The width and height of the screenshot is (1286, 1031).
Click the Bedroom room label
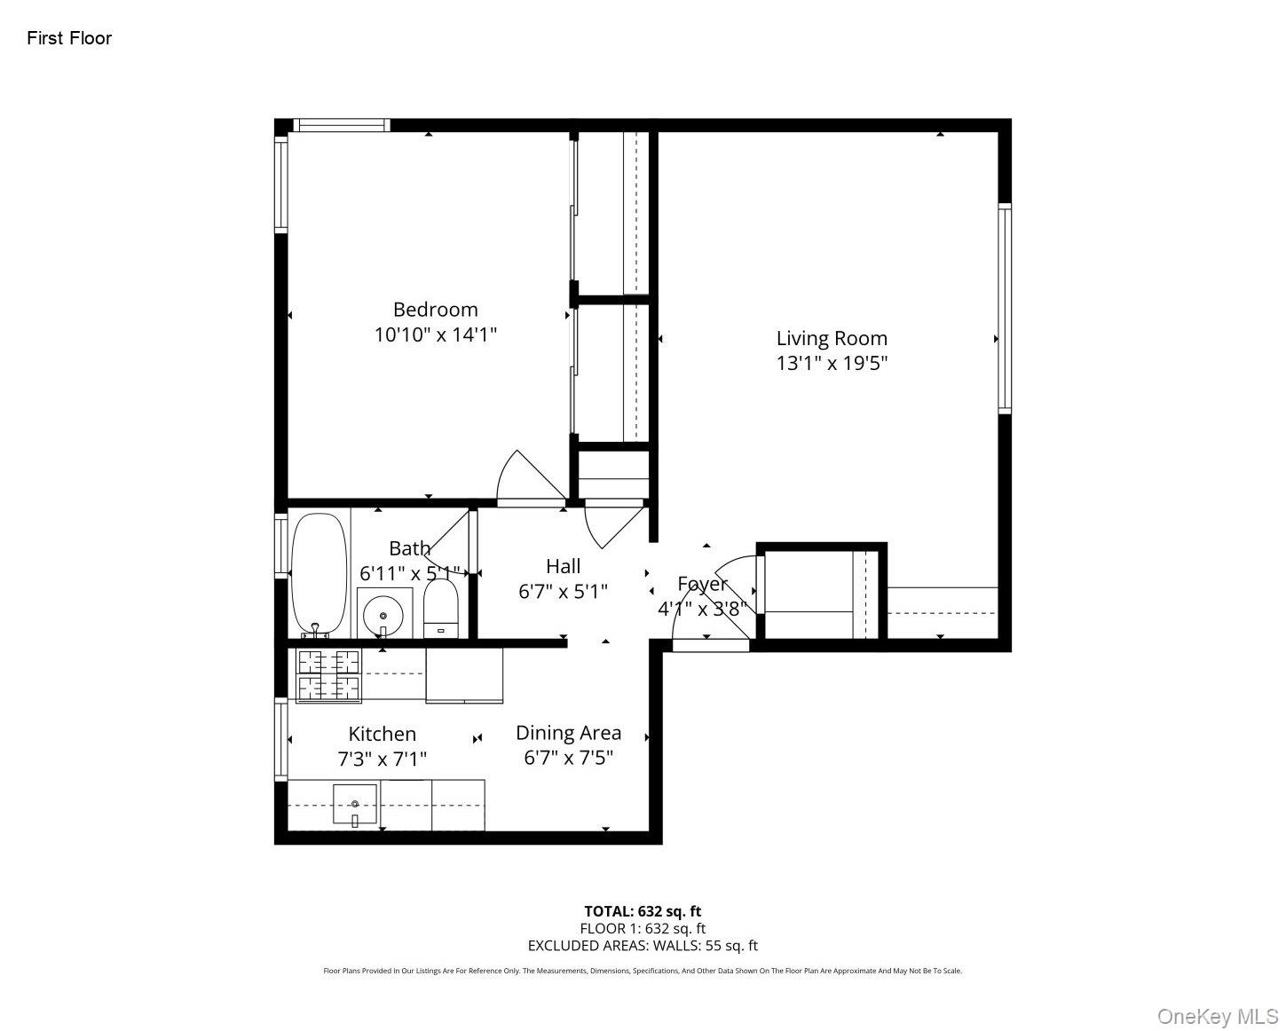435,310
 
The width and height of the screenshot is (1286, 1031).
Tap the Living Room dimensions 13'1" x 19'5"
832,363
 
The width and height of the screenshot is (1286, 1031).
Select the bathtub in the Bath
319,573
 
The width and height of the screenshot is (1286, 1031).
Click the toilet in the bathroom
440,609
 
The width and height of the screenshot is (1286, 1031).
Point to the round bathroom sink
383,613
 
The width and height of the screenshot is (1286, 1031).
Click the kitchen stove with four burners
328,675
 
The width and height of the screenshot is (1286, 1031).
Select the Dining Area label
568,733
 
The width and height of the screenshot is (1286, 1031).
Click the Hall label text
564,566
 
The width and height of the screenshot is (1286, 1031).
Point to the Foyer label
702,584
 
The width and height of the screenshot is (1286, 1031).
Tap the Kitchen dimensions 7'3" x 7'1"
382,759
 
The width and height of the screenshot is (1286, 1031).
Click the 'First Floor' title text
69,38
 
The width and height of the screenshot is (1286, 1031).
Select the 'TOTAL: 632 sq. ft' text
643,911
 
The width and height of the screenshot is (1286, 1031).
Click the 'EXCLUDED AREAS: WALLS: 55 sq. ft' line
643,946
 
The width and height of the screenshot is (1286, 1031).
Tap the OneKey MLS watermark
1218,1016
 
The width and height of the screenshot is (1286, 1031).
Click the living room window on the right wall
1005,308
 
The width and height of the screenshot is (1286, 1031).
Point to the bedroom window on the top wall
342,125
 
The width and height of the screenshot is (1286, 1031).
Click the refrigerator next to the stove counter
464,675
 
